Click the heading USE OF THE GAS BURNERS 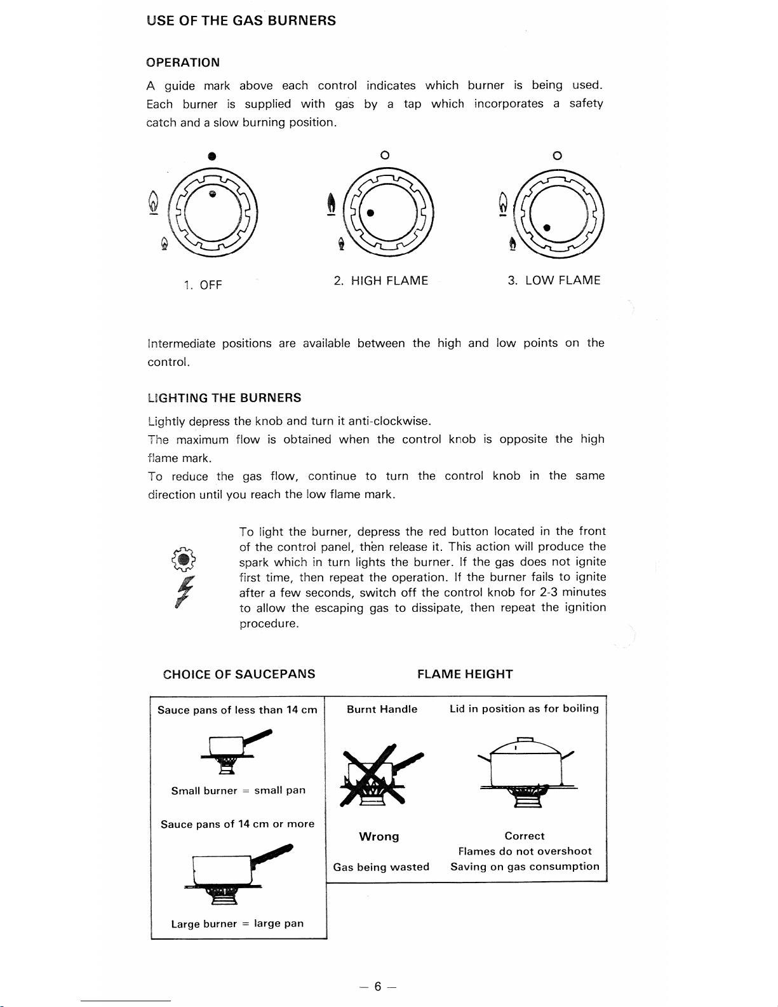[241, 21]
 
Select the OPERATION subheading [183, 62]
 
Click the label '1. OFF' [202, 285]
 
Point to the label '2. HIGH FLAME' [381, 281]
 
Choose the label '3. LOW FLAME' [554, 281]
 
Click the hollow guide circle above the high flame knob [384, 156]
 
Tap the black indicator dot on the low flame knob [547, 227]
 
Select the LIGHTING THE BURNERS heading [224, 398]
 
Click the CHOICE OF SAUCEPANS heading [239, 674]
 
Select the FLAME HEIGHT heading [465, 674]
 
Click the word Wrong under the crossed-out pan [379, 837]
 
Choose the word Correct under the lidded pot [525, 836]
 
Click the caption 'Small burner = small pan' [238, 791]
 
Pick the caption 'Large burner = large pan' [238, 924]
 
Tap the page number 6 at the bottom [377, 987]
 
